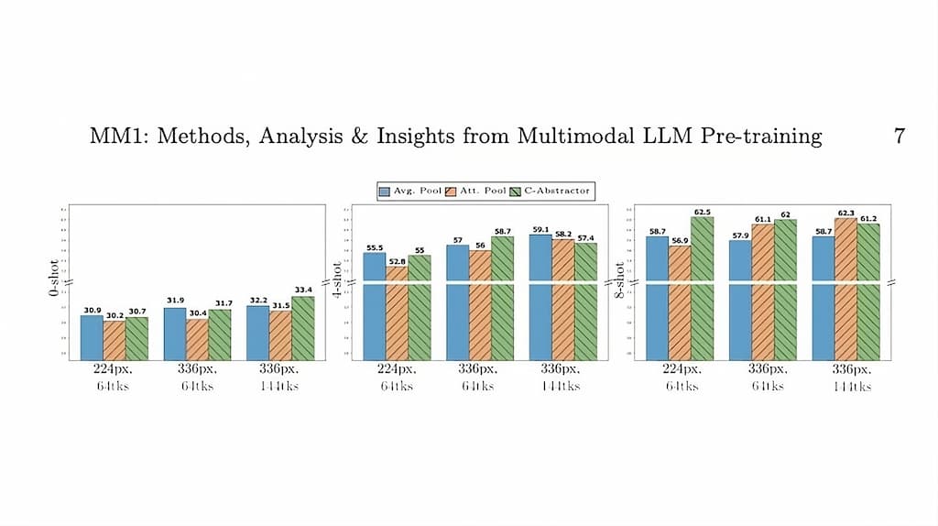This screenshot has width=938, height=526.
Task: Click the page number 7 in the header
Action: (900, 137)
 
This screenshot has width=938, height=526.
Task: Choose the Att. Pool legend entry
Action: (474, 191)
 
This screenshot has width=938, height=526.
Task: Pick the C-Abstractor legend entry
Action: (551, 191)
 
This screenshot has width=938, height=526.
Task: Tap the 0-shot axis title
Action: (55, 280)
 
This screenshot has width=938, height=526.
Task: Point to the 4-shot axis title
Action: (337, 280)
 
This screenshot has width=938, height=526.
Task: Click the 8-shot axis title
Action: (620, 280)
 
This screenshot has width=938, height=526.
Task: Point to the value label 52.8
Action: (397, 261)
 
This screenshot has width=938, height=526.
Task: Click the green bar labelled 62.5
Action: (703, 289)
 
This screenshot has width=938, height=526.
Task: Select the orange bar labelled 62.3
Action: (845, 289)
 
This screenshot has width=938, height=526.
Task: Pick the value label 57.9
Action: (740, 236)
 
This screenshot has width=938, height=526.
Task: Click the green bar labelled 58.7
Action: (502, 298)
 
